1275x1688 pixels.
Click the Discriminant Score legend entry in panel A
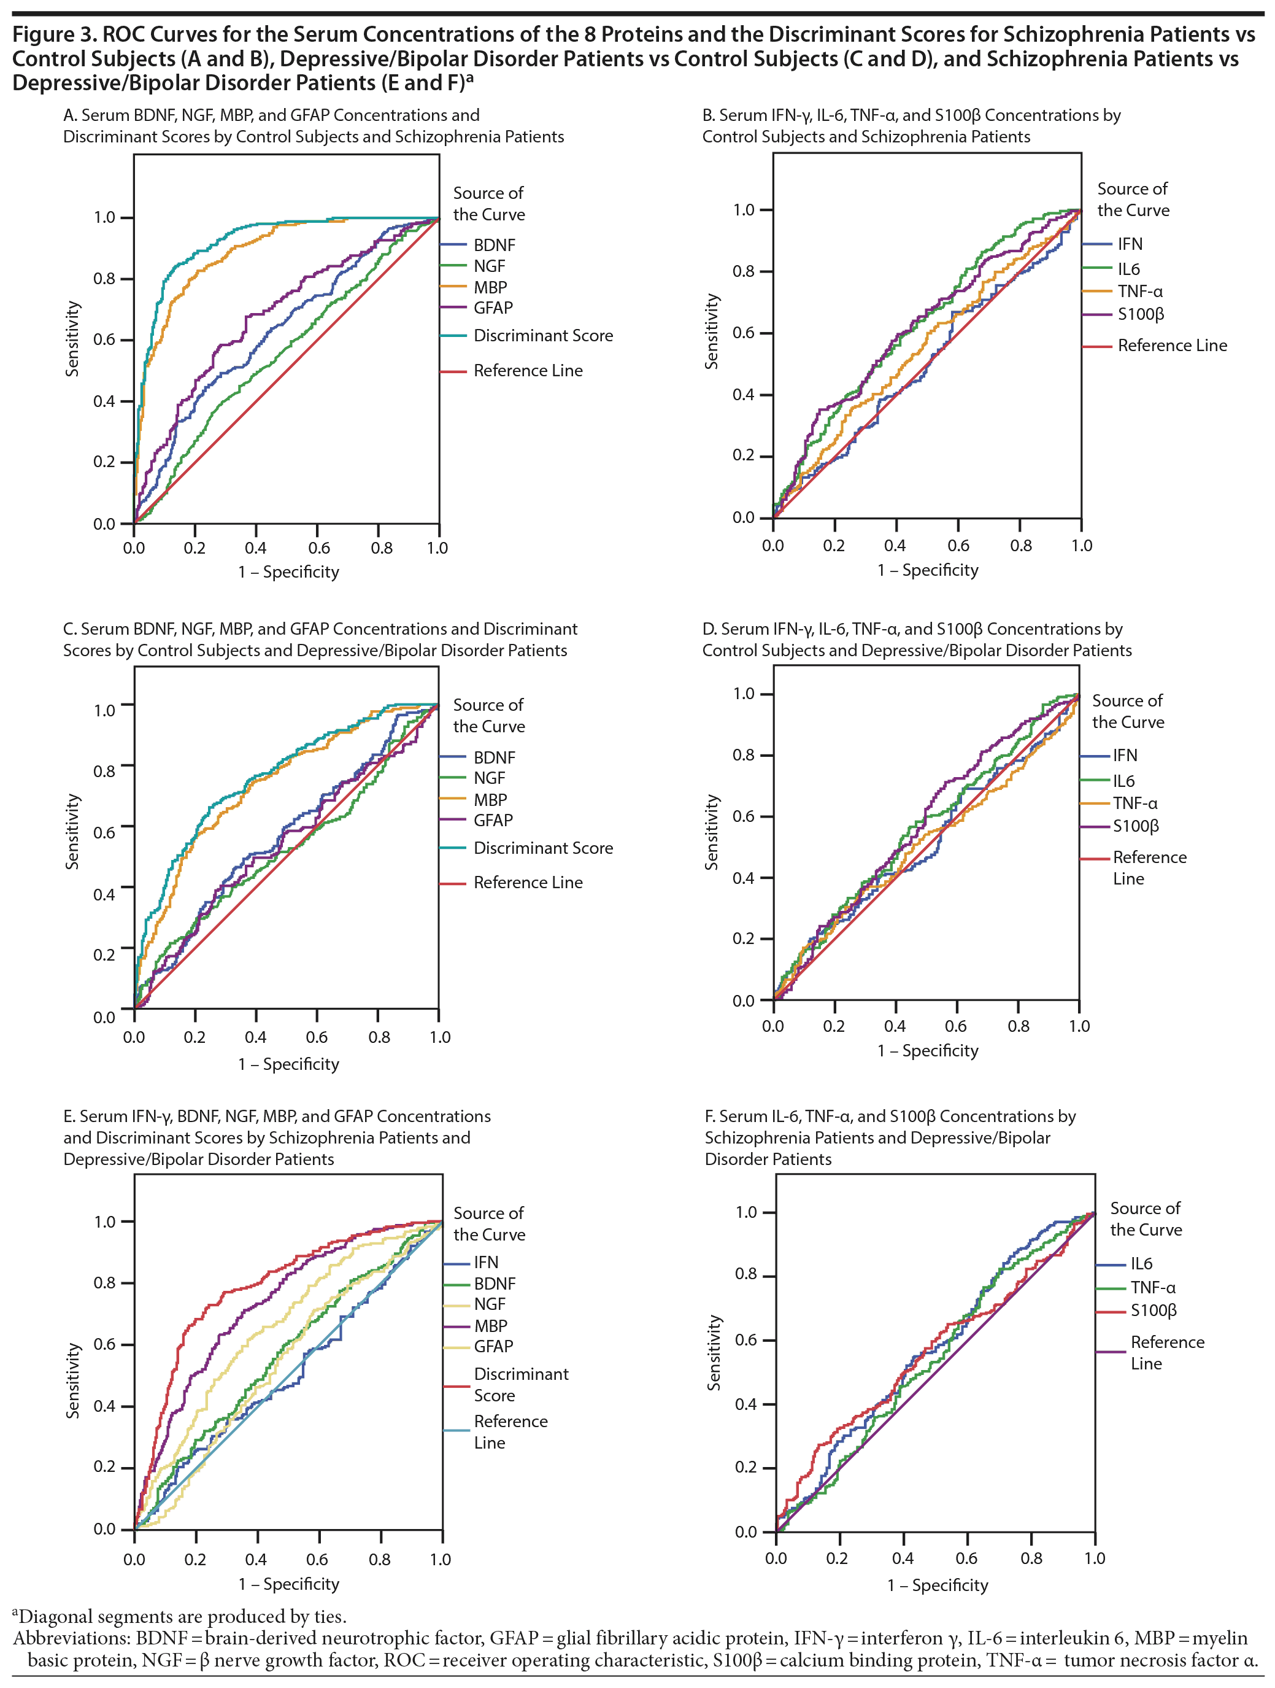click(542, 336)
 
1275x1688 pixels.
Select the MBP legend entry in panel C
click(490, 800)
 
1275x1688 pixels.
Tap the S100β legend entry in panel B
click(1141, 314)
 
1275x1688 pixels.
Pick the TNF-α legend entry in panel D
click(1134, 803)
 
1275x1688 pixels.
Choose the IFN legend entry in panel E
click(486, 1262)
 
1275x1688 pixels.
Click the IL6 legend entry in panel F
click(1141, 1264)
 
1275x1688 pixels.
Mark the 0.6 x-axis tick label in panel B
click(958, 546)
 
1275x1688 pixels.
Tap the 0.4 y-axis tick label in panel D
click(744, 878)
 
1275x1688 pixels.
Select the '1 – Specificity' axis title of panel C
click(288, 1064)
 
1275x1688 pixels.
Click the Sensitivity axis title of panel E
click(72, 1380)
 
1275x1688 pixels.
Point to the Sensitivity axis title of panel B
click(711, 332)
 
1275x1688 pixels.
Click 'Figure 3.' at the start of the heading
click(54, 34)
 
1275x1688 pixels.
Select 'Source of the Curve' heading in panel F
click(1146, 1218)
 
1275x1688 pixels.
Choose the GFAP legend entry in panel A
click(493, 308)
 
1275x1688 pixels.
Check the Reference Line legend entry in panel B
click(1172, 346)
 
